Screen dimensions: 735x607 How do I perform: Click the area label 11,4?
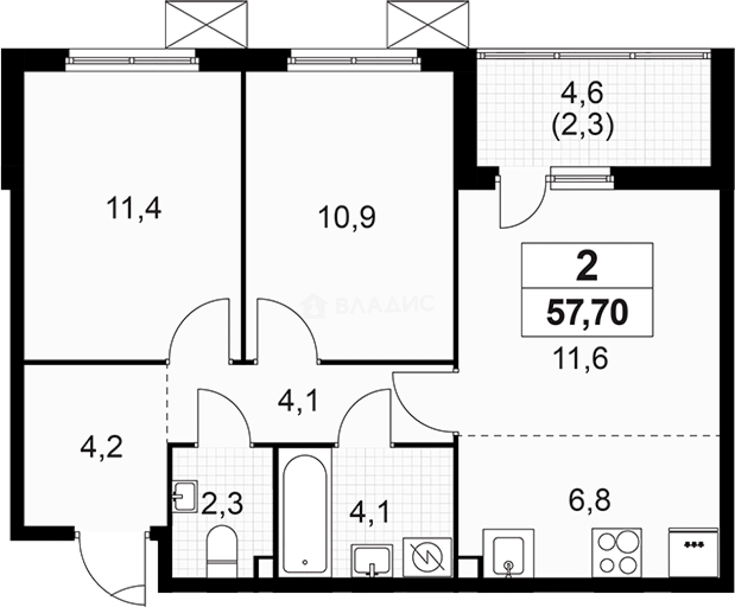click(134, 208)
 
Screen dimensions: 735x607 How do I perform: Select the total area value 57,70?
click(587, 313)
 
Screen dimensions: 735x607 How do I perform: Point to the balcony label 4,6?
click(582, 93)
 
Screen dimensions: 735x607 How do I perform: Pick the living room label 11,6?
click(580, 358)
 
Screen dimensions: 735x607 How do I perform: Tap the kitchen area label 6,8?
click(589, 500)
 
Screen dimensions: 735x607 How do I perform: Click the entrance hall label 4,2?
click(101, 447)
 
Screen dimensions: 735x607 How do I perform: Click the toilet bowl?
click(222, 551)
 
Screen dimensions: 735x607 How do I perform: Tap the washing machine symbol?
click(427, 557)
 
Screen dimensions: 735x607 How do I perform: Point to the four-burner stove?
click(617, 553)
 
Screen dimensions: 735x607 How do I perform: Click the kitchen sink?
click(508, 553)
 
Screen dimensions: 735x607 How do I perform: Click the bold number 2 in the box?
click(587, 267)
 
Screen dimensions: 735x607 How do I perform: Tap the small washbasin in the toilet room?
click(185, 496)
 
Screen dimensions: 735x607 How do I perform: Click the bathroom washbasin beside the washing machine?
click(372, 561)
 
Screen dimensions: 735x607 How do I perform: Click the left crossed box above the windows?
click(206, 24)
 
